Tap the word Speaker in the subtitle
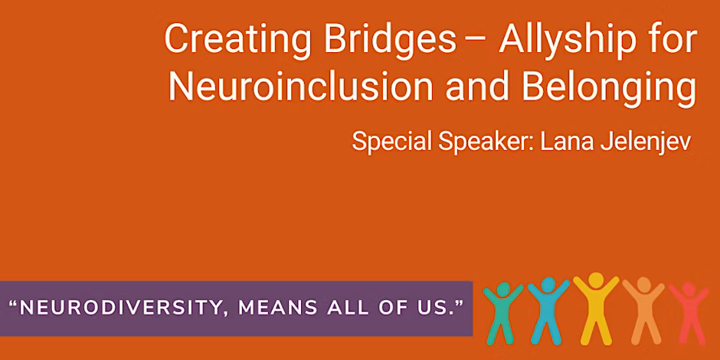486,142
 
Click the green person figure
503,313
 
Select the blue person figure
548,310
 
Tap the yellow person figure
596,309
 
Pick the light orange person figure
643,310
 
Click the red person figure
689,313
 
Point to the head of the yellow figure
596,280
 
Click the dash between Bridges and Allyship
477,41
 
